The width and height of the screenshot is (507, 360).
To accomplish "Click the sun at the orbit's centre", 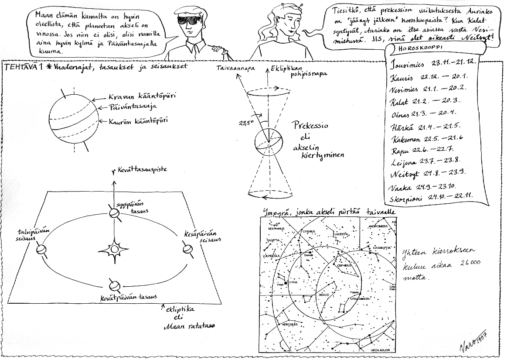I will (x=113, y=250).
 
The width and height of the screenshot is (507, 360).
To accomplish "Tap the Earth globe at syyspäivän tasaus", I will (x=113, y=213).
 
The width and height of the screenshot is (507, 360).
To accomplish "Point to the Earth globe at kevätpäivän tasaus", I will (x=114, y=286).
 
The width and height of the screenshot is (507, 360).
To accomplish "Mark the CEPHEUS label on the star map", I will (x=342, y=265).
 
